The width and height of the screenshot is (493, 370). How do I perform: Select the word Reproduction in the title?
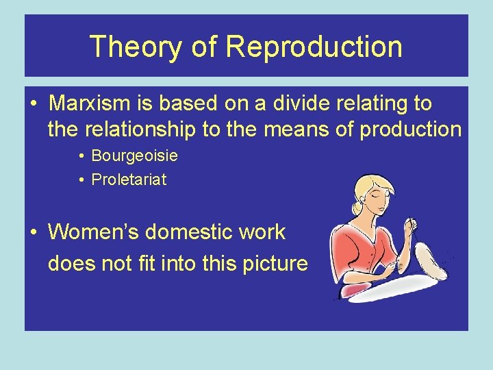[314, 47]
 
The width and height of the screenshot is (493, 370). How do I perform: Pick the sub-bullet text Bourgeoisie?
[134, 156]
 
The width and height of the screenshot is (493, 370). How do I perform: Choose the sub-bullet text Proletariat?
[129, 180]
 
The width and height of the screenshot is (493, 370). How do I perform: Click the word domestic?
[194, 232]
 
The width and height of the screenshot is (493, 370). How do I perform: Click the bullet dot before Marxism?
[34, 104]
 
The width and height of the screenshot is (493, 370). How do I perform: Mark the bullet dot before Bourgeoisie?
[81, 156]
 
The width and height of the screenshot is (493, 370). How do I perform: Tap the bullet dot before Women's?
[34, 232]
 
